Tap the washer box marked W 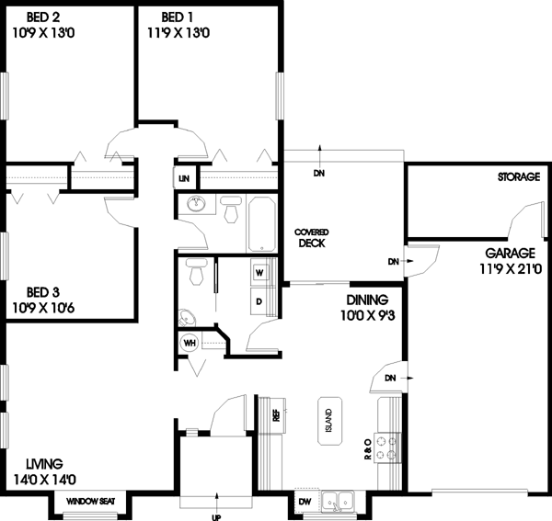click(x=259, y=272)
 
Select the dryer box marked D click(x=259, y=300)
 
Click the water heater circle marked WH click(x=190, y=344)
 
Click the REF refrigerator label click(x=274, y=414)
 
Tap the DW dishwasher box click(x=305, y=502)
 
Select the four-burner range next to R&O click(x=388, y=447)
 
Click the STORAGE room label click(x=518, y=176)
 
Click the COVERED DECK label click(x=312, y=238)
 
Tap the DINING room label click(x=367, y=300)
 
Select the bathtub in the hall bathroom click(x=262, y=222)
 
